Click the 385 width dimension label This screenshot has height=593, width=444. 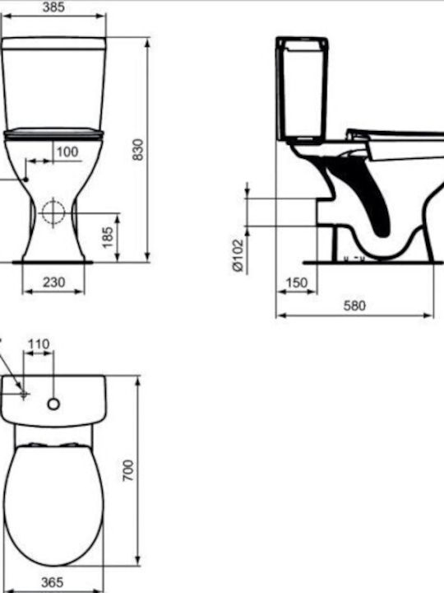[53, 7]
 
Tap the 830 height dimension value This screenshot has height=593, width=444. [139, 149]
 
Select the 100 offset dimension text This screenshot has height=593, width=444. [67, 152]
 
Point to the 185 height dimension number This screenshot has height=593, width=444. [108, 237]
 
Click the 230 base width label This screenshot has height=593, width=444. [53, 282]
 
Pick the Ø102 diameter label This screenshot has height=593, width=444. [238, 254]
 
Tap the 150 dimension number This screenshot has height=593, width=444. [297, 282]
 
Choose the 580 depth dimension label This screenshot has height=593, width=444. [354, 306]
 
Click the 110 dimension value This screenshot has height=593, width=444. [39, 344]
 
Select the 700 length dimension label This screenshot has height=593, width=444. [128, 470]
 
